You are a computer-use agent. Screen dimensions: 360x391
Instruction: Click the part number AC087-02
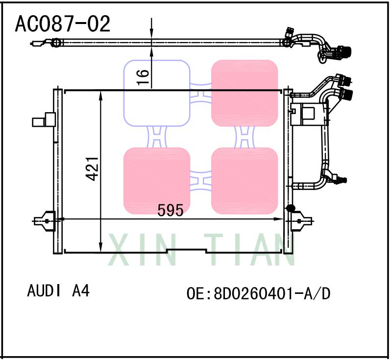(x=63, y=24)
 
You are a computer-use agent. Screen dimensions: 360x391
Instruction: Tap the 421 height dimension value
(x=93, y=168)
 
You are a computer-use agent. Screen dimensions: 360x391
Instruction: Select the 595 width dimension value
(x=170, y=211)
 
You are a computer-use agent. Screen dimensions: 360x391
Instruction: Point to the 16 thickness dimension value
(x=143, y=77)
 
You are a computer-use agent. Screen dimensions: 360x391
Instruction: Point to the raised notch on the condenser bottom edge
(x=187, y=250)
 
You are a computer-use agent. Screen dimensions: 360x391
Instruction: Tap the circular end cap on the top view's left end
(x=56, y=43)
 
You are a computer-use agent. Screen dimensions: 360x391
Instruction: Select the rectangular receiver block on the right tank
(x=308, y=114)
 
